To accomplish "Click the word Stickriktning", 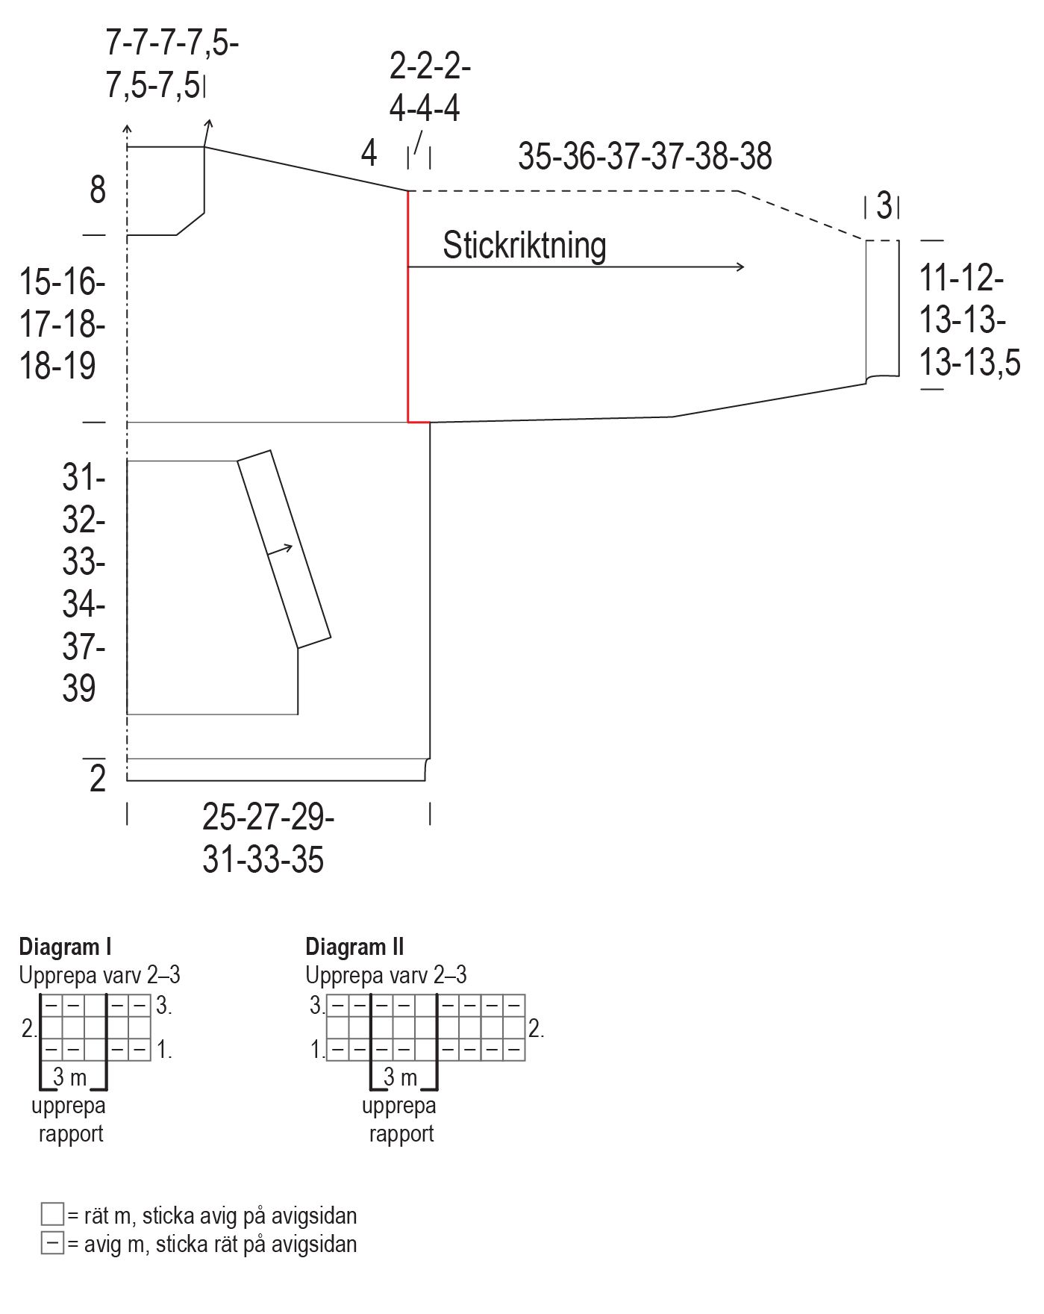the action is point(524,246).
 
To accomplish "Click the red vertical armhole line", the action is point(408,306).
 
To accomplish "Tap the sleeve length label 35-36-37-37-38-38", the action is point(645,157).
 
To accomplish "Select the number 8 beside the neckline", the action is point(98,190).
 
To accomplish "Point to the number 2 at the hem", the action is point(98,779).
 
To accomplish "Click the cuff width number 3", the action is point(884,205).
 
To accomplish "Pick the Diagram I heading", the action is point(65,947).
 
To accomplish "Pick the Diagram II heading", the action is point(354,947).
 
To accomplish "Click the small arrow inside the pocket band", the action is point(280,550).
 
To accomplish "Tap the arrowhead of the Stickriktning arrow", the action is point(740,267).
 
